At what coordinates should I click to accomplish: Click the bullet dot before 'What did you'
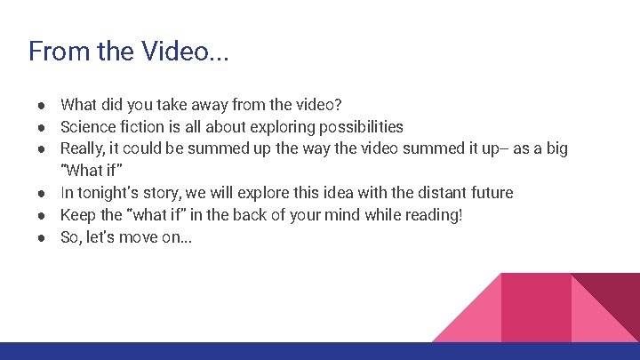tap(42, 104)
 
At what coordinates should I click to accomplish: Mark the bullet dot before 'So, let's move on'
tap(42, 237)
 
